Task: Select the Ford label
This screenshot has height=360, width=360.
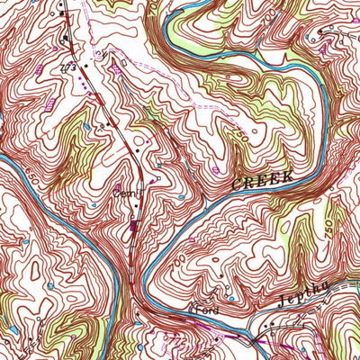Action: (x=207, y=309)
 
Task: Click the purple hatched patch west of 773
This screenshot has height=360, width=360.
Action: (x=38, y=69)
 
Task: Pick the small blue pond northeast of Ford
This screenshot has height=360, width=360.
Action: (x=231, y=297)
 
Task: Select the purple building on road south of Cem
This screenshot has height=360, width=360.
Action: (x=134, y=231)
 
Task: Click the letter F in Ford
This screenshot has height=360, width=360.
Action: (x=199, y=309)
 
